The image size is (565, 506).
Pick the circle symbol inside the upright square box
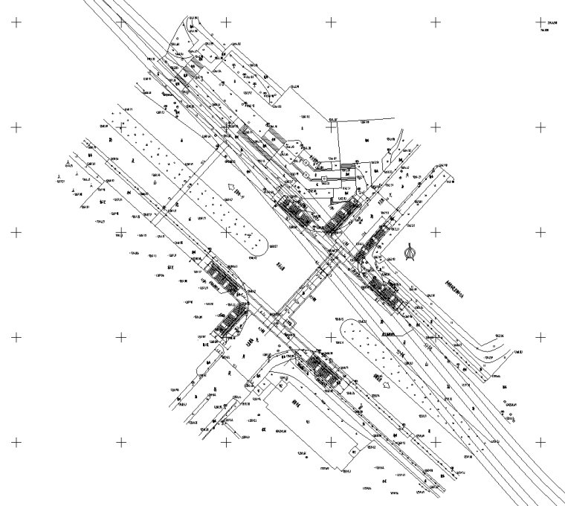point(325,179)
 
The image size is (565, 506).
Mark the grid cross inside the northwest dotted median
point(226,231)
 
